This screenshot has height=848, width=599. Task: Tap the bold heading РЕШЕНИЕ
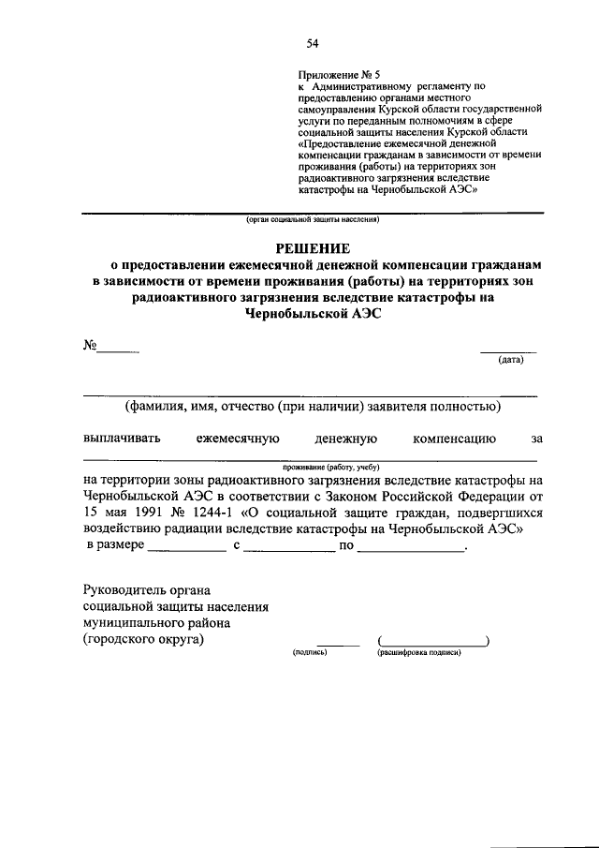[310, 248]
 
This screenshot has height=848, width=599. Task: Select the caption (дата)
[510, 359]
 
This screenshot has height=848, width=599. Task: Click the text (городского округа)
[141, 640]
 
